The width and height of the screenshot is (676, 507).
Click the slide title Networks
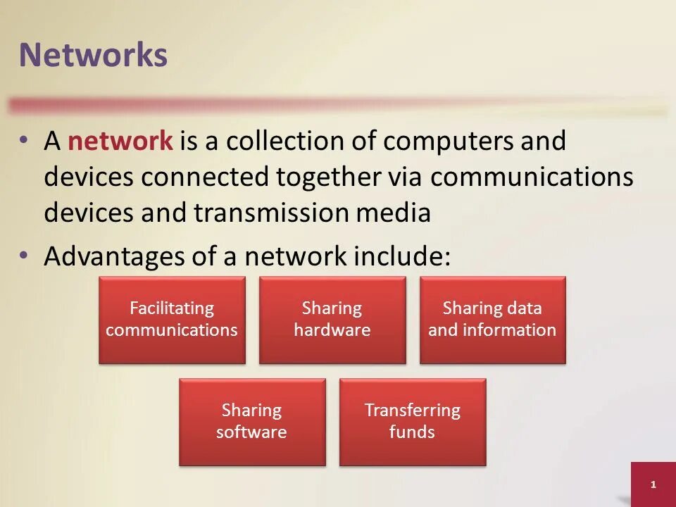tap(93, 56)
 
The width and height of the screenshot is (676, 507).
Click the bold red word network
tap(120, 142)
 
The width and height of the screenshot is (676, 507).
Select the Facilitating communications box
tap(172, 320)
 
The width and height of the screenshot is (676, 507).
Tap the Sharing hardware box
tap(332, 320)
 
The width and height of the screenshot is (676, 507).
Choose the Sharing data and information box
tap(492, 320)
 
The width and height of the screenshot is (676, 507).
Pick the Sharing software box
tap(252, 421)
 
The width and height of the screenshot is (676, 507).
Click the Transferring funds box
tap(412, 421)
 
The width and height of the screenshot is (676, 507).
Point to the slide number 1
tap(653, 484)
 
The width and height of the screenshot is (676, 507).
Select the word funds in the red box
tap(412, 432)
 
